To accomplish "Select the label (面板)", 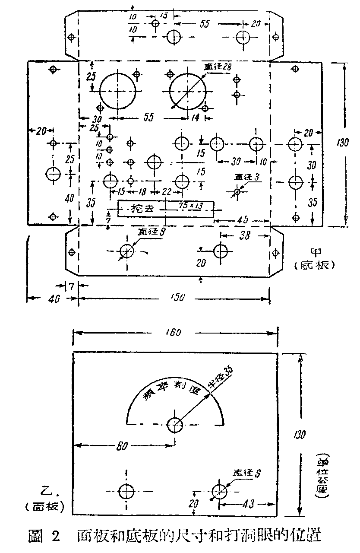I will click(45, 506).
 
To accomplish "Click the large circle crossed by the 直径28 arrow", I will click(187, 92).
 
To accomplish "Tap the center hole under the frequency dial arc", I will click(175, 425).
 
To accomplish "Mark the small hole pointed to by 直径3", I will click(237, 191).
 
